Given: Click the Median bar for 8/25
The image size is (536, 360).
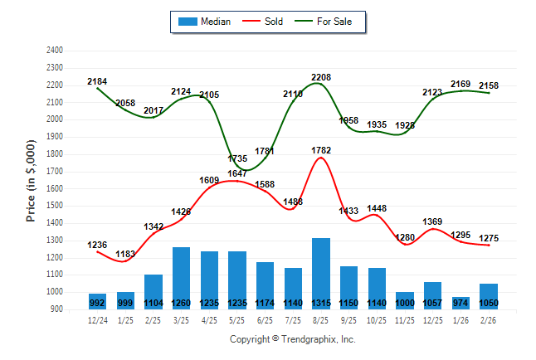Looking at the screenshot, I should pyautogui.click(x=321, y=274).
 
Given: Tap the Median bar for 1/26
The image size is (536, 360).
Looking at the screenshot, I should pyautogui.click(x=461, y=303).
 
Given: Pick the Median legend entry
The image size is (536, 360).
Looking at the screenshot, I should pyautogui.click(x=206, y=22).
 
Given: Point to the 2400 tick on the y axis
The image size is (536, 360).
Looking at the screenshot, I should pyautogui.click(x=54, y=51).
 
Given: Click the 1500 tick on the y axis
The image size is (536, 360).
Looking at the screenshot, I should pyautogui.click(x=54, y=206).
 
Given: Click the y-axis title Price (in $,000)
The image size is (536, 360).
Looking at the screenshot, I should pyautogui.click(x=31, y=180).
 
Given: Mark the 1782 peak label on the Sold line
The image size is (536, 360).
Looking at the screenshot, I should pyautogui.click(x=321, y=150).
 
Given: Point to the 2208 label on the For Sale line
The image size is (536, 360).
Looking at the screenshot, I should pyautogui.click(x=321, y=77).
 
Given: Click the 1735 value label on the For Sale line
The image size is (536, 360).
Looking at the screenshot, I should pyautogui.click(x=236, y=158).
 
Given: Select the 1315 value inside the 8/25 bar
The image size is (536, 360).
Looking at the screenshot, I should pyautogui.click(x=321, y=304).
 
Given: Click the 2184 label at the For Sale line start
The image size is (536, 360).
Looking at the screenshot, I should pyautogui.click(x=97, y=81).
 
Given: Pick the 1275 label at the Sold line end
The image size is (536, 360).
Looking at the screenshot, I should pyautogui.click(x=490, y=238).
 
